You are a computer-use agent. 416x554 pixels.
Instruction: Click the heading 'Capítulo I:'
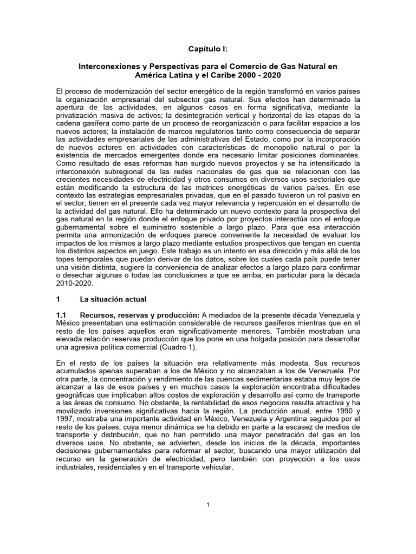207,48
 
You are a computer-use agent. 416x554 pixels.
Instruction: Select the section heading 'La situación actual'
113,299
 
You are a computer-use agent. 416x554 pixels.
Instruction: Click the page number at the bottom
207,505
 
